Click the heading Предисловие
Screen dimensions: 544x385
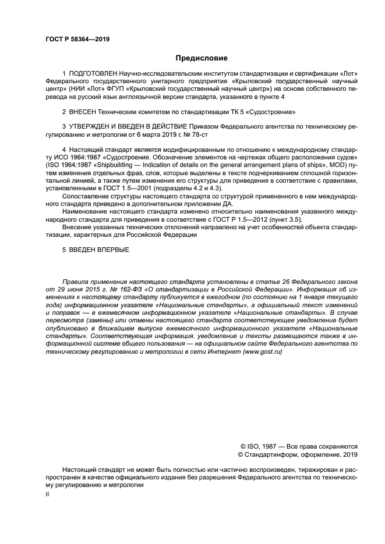[202, 58]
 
